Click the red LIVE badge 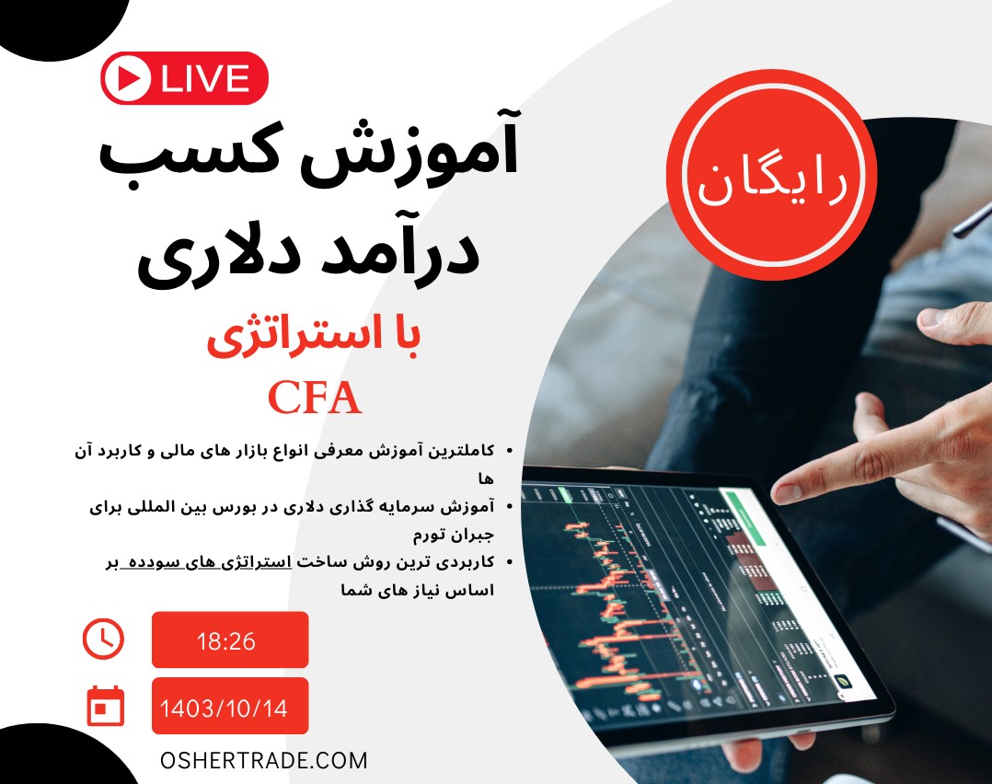point(184,78)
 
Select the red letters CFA point(315,398)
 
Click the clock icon point(103,639)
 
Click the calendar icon point(104,707)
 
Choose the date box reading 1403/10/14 point(229,708)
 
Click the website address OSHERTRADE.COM point(263,761)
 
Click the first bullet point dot point(510,451)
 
